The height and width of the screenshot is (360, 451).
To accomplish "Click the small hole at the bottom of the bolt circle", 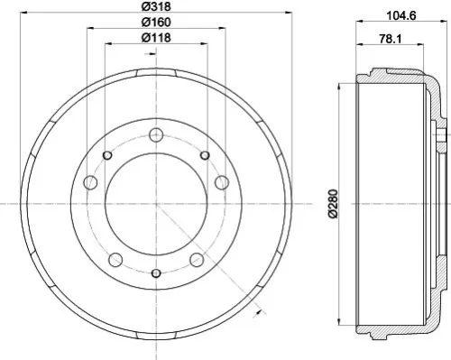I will tap(156, 273).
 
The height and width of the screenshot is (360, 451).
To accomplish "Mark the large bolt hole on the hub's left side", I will tap(90, 184).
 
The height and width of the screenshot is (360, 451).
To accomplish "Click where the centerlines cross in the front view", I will tap(156, 205).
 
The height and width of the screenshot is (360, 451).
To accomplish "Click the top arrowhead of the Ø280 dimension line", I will tap(338, 82).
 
